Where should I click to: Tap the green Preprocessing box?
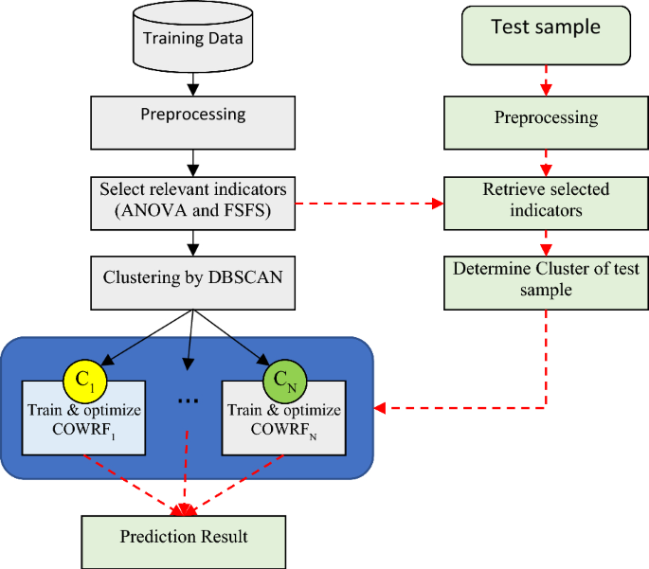pyautogui.click(x=546, y=119)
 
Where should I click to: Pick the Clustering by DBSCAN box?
pyautogui.click(x=192, y=282)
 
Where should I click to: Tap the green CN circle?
pyautogui.click(x=284, y=382)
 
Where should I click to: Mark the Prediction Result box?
pyautogui.click(x=184, y=538)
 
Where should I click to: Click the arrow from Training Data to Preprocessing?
pyautogui.click(x=192, y=82)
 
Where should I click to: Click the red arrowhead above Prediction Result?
pyautogui.click(x=185, y=510)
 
